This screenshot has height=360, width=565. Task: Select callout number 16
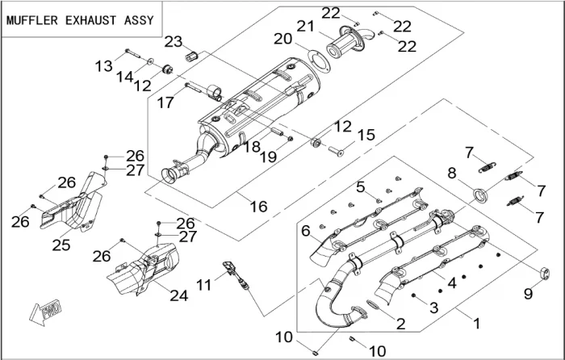[x=258, y=207]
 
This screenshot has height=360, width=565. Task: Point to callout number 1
[x=476, y=323]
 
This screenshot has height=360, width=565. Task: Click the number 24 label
[x=178, y=295]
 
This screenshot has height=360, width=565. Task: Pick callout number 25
[x=61, y=244]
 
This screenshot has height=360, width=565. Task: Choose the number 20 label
[x=282, y=39]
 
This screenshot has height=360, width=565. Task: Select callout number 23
[x=174, y=41]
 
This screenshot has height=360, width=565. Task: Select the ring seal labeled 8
[x=481, y=194]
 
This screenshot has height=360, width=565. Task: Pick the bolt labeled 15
[x=334, y=150]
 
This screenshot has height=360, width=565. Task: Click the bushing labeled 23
[x=194, y=57]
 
